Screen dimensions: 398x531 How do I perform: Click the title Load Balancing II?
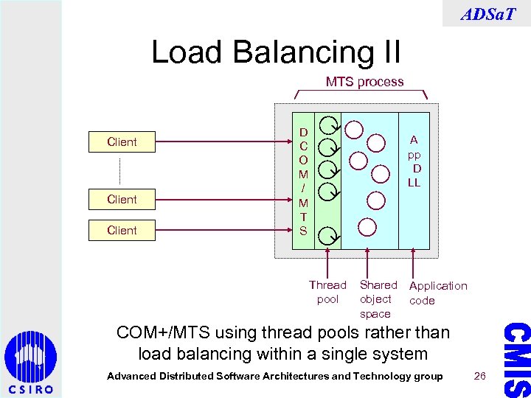pyautogui.click(x=276, y=52)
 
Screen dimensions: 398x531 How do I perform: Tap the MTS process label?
pyautogui.click(x=364, y=82)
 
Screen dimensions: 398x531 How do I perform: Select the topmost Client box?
pyautogui.click(x=122, y=142)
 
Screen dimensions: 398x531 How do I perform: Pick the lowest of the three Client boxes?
pyautogui.click(x=122, y=230)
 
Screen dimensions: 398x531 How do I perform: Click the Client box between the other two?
pyautogui.click(x=122, y=199)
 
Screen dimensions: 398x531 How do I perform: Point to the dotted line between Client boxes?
pyautogui.click(x=119, y=170)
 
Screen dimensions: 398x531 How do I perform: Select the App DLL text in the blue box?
pyautogui.click(x=414, y=161)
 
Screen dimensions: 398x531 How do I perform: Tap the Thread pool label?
pyautogui.click(x=327, y=292)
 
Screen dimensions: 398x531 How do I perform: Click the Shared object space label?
pyautogui.click(x=378, y=299)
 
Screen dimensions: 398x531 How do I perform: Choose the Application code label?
pyautogui.click(x=438, y=293)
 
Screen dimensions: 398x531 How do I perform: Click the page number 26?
pyautogui.click(x=480, y=377)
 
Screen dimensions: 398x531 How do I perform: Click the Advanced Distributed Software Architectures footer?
pyautogui.click(x=275, y=377)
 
